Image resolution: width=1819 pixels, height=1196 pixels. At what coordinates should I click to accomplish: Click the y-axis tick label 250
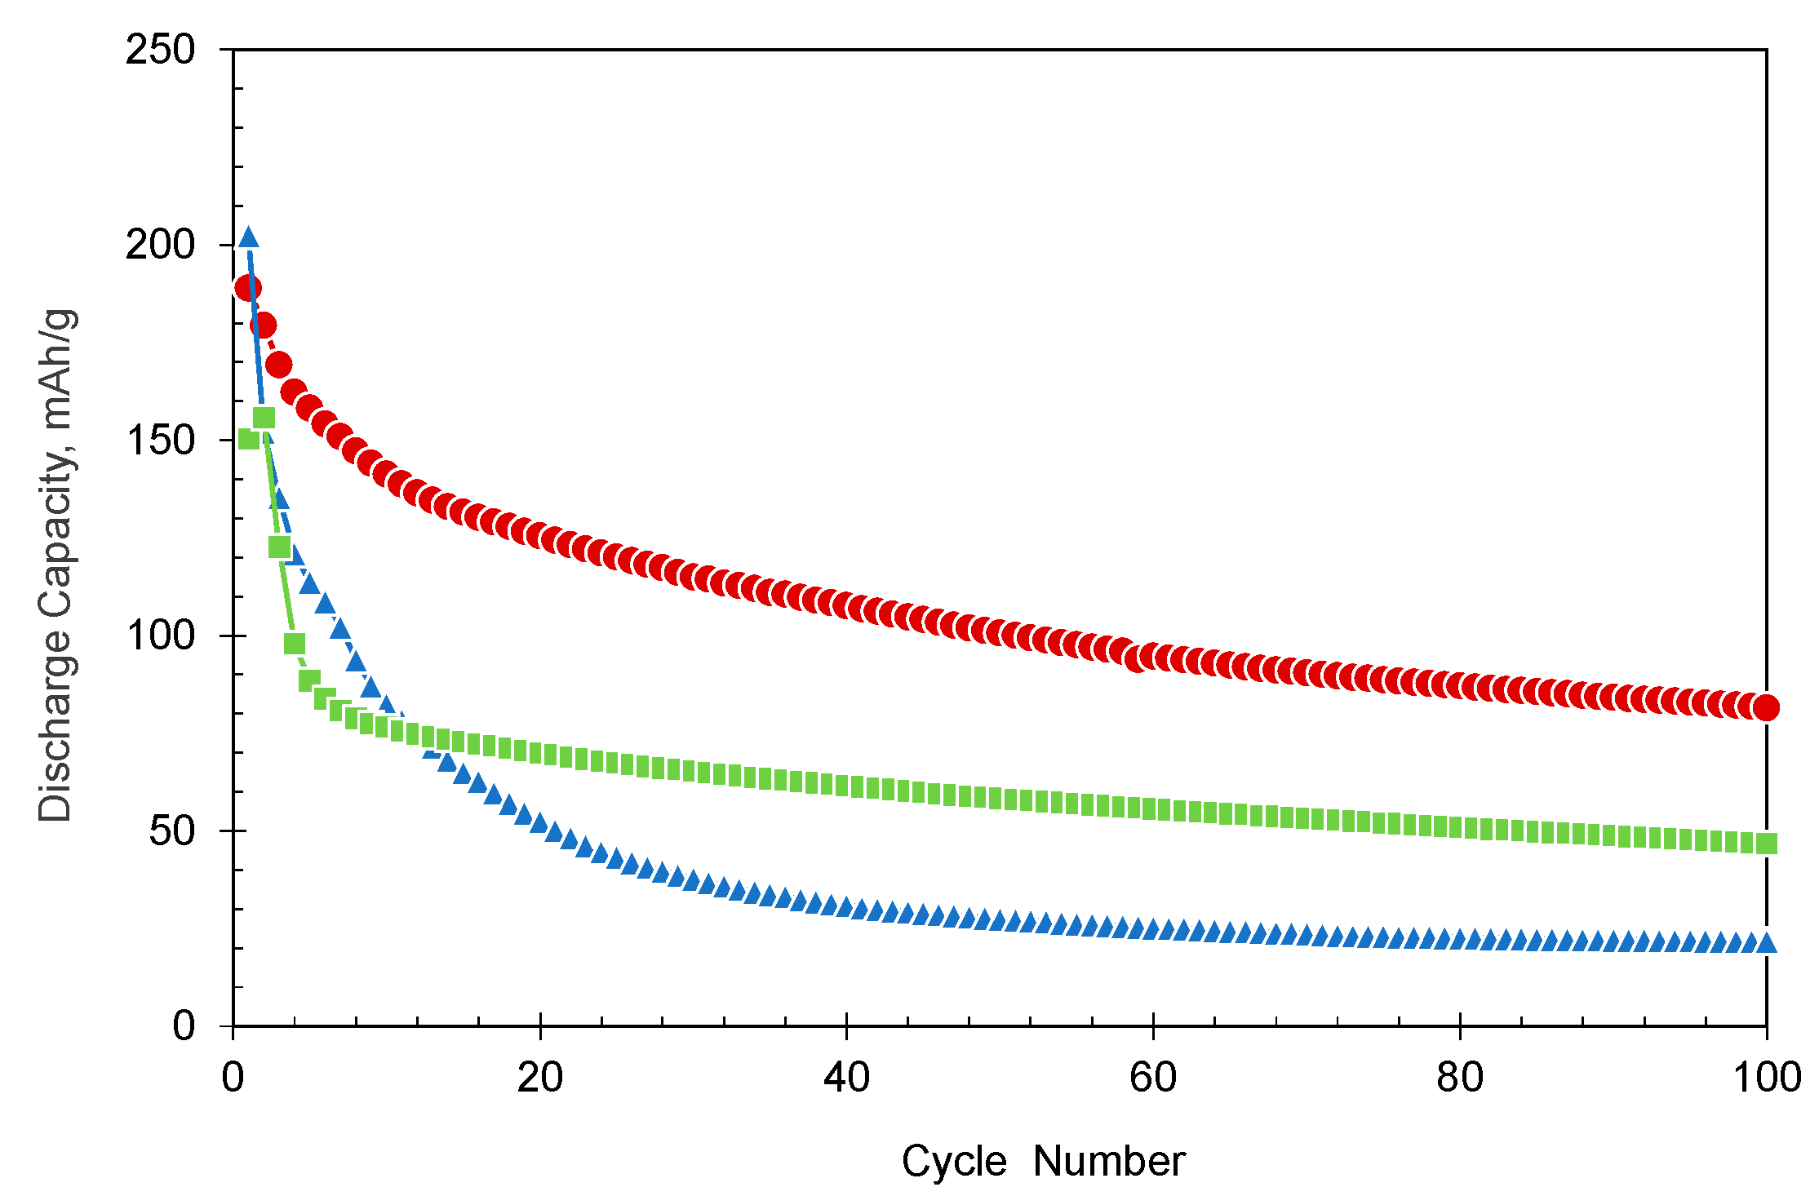click(160, 50)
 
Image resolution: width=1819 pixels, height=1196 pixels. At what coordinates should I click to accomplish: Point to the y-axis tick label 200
click(160, 245)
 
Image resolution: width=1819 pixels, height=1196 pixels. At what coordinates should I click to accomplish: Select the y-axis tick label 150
click(160, 441)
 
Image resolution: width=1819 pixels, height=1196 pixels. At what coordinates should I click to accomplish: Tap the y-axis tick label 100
click(160, 636)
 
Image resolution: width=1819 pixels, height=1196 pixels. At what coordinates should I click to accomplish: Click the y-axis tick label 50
click(172, 831)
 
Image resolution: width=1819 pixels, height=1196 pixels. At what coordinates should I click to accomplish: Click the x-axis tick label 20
click(540, 1078)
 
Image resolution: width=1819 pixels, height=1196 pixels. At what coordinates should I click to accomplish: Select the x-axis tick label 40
click(846, 1078)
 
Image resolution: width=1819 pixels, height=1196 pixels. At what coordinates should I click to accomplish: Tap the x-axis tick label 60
click(1153, 1078)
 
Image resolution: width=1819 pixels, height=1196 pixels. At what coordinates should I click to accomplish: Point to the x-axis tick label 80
click(1459, 1078)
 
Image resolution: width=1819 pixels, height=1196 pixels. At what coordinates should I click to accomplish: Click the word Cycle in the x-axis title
click(954, 1161)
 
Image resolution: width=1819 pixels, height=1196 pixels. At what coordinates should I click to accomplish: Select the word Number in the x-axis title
click(1108, 1161)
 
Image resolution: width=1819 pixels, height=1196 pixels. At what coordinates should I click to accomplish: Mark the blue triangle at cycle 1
click(249, 238)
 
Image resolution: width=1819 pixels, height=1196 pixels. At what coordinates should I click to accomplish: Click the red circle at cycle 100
click(1766, 707)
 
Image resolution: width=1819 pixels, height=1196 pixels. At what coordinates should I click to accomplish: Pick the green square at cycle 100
click(1766, 844)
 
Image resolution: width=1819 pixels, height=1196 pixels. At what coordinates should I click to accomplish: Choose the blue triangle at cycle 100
click(1766, 943)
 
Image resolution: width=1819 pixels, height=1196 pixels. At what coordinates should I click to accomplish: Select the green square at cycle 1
click(249, 440)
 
